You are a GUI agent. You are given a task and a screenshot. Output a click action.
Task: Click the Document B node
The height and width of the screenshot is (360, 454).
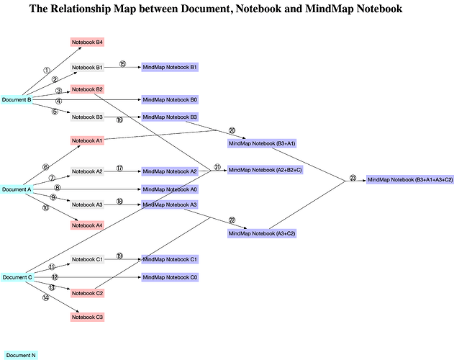17,99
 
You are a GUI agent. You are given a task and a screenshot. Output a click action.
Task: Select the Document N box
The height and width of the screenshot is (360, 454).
21,356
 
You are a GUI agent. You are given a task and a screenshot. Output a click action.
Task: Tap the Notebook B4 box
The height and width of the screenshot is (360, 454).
87,42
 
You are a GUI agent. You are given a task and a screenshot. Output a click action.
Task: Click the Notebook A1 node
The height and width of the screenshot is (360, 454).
87,140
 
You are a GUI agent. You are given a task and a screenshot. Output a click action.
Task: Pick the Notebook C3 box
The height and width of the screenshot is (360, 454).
87,317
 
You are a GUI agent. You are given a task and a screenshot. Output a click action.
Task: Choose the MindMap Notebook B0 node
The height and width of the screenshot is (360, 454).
170,99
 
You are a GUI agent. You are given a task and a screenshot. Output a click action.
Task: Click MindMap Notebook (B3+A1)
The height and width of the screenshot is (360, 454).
262,143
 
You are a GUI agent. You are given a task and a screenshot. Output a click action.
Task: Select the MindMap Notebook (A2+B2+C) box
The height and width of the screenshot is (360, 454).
265,170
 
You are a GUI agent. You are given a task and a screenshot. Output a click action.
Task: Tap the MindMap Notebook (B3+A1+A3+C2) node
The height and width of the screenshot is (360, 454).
410,180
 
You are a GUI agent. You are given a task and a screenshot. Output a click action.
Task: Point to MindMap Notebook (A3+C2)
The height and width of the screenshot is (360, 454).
262,233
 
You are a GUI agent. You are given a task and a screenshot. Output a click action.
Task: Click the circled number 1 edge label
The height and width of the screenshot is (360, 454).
47,70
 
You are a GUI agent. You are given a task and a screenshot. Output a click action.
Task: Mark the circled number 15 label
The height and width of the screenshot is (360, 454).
123,64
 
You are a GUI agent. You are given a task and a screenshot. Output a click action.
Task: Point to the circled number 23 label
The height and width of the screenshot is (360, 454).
353,178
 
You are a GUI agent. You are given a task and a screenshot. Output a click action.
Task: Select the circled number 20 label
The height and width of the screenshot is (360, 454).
232,130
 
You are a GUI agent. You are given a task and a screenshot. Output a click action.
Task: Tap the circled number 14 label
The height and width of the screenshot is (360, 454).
46,297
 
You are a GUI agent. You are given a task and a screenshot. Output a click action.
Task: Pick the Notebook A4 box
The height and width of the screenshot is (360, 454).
87,225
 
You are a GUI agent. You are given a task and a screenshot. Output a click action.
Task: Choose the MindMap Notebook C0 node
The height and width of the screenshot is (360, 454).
170,277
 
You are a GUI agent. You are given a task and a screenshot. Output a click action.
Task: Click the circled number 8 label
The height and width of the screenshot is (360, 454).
58,188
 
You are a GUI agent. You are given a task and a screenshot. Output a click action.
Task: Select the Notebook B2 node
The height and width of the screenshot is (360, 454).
87,89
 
